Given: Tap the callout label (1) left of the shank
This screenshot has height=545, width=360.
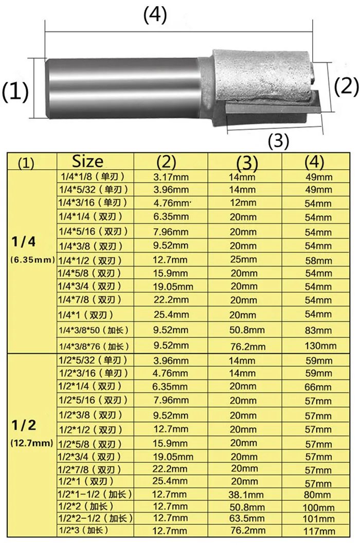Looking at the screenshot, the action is (x=15, y=93).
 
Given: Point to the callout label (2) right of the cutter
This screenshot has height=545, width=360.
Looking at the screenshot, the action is (x=346, y=86).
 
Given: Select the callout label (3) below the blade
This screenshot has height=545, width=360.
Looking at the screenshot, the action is (x=278, y=141).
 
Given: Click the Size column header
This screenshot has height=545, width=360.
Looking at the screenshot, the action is (x=87, y=161).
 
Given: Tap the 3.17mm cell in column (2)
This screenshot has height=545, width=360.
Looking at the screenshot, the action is (x=171, y=177).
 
